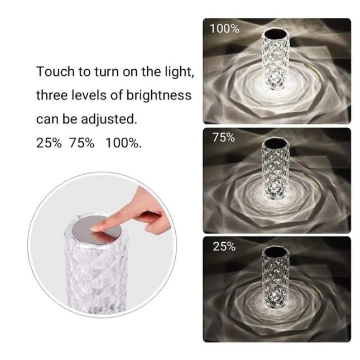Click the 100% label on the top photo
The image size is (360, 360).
point(224,29)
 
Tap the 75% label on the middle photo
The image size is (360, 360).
point(223,138)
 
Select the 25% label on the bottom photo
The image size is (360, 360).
point(223,246)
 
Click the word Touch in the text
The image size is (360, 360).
point(54,72)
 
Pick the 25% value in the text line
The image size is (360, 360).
point(49,143)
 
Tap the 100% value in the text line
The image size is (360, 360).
point(123,143)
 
